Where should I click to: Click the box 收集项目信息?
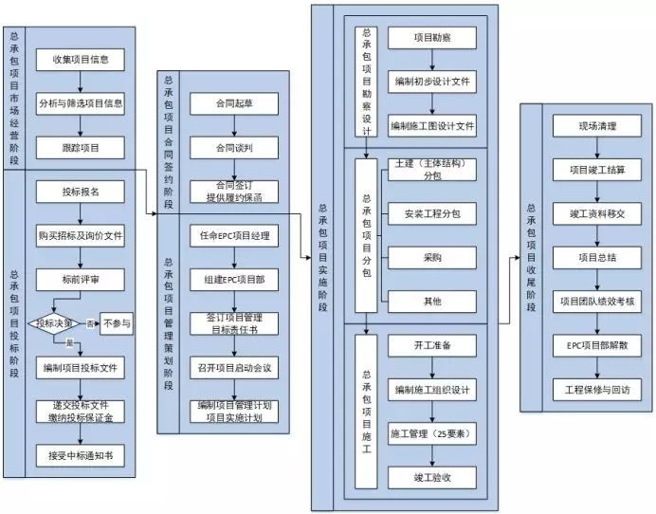(81, 59)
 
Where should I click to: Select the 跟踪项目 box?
(81, 147)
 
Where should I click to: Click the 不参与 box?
(118, 323)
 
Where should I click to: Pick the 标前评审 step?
(81, 279)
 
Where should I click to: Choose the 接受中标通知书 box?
(81, 455)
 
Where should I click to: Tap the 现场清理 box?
(597, 125)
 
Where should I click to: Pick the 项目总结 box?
(597, 257)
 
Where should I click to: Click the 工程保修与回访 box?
(597, 389)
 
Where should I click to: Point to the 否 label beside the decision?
(91, 323)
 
